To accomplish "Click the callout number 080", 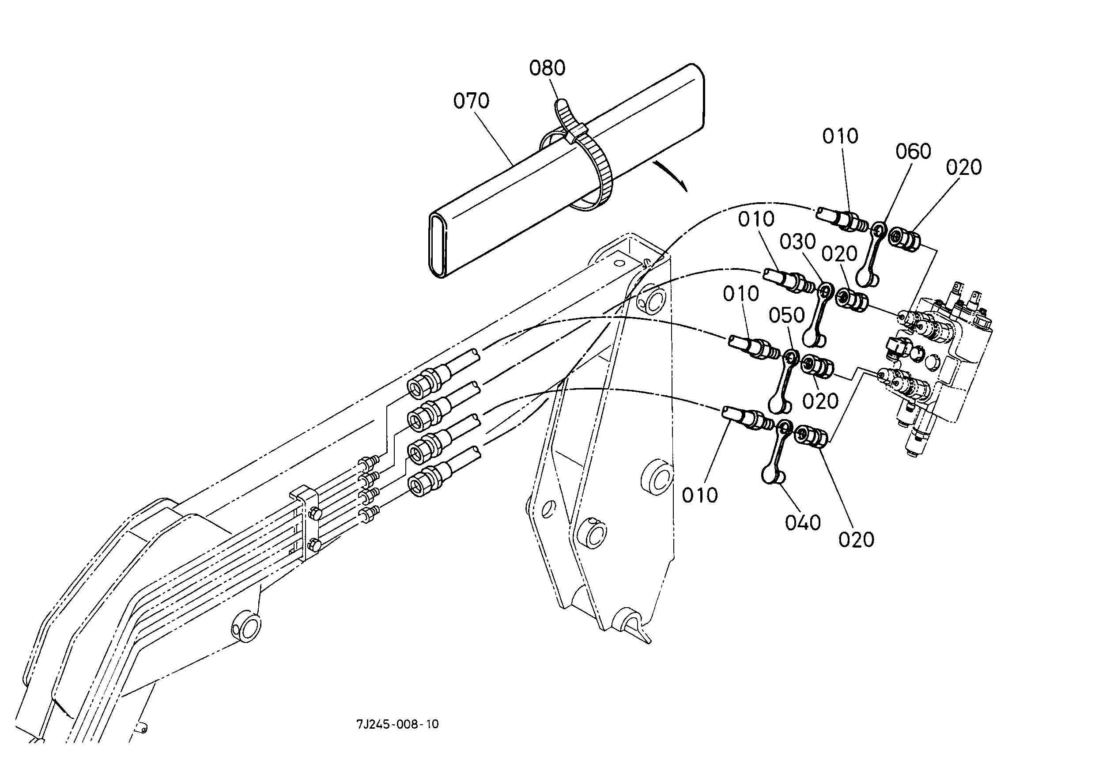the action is pos(547,68).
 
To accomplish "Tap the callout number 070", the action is pos(471,101).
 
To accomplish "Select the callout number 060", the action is pos(913,151).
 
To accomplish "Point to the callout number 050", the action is pos(787,315).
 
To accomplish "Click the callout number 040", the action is pos(803,522).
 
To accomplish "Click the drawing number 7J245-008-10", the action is pos(397,724).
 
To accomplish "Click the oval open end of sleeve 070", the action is pos(440,246).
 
